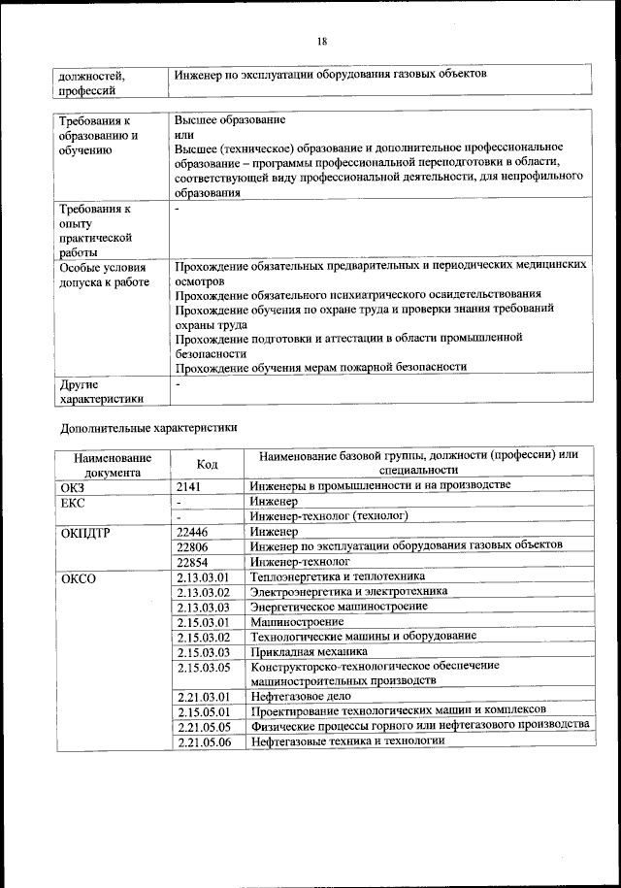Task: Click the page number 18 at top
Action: click(x=321, y=41)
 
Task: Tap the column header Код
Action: click(x=207, y=464)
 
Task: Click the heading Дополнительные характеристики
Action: click(x=148, y=426)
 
